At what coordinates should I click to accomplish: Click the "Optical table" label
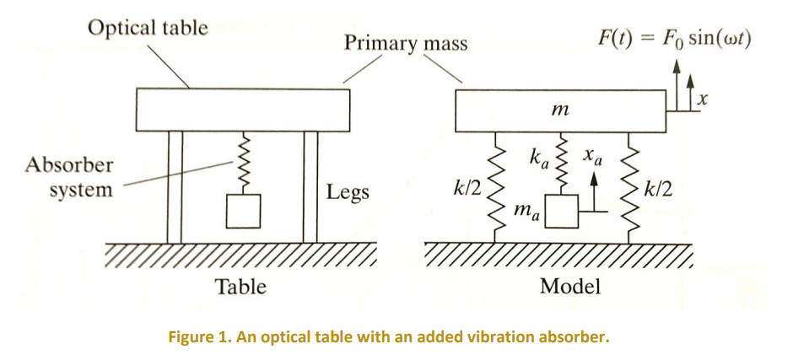point(148,27)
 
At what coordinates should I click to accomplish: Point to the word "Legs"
point(348,193)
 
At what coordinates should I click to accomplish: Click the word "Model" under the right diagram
point(570,287)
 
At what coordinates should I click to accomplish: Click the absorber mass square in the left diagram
point(245,211)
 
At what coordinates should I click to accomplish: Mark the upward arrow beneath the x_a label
point(594,190)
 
